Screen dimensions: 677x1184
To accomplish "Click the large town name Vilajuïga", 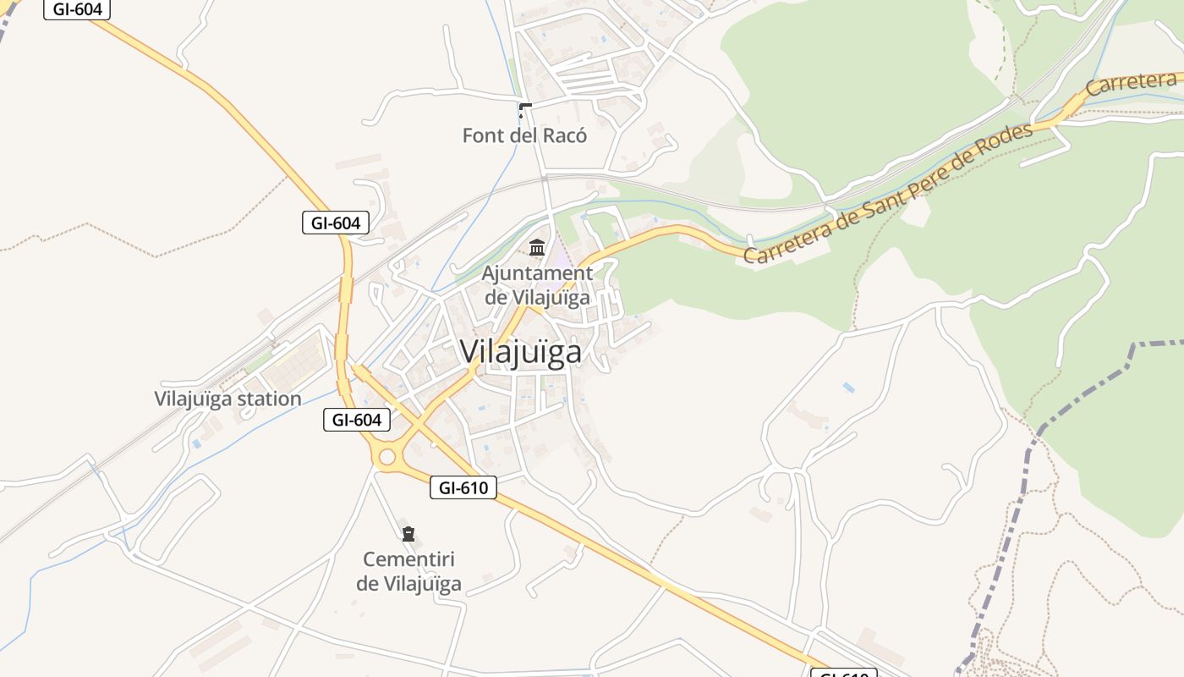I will (x=521, y=351).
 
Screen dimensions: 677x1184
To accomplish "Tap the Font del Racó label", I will (x=524, y=135).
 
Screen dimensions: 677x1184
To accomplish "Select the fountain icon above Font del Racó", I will (x=524, y=110).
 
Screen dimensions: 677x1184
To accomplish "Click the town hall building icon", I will (x=537, y=248).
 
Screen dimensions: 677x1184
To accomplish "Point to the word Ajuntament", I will (x=537, y=273).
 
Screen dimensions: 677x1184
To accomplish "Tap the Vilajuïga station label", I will (x=227, y=399).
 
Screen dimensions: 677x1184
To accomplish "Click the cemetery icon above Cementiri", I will (x=408, y=534).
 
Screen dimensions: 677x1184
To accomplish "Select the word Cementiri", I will (x=408, y=559).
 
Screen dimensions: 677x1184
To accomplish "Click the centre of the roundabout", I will (x=386, y=457).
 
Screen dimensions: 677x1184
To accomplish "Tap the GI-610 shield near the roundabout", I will (x=463, y=487).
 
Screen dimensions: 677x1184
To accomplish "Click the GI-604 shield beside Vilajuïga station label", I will (x=356, y=419).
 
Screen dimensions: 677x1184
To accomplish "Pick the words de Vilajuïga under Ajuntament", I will (x=537, y=297).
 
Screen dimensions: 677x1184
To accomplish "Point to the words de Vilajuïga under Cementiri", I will (x=408, y=583).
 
